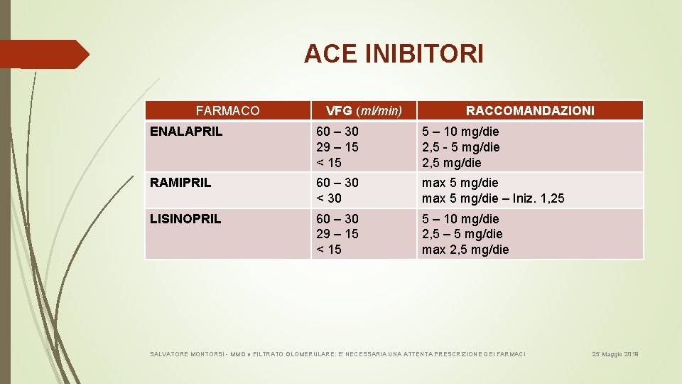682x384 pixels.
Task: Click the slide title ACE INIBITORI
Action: click(394, 53)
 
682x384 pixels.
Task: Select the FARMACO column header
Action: click(227, 110)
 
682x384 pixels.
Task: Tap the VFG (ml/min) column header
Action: click(364, 110)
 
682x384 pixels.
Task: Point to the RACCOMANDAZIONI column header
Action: click(530, 110)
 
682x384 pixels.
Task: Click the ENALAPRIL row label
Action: click(186, 132)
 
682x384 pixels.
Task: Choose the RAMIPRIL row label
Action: click(180, 183)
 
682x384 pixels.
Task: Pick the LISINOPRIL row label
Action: click(185, 219)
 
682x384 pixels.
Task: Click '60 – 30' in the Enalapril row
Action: click(337, 132)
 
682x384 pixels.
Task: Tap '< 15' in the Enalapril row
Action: click(329, 162)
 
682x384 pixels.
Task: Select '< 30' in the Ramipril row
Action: click(329, 198)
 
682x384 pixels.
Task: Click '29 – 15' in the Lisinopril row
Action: click(337, 234)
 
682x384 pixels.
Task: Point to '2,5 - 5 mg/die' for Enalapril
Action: click(461, 147)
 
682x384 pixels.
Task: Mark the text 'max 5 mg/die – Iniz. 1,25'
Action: click(493, 198)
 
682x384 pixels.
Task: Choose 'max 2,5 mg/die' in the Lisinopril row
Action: click(465, 250)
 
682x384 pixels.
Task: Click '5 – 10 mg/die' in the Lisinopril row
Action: click(460, 219)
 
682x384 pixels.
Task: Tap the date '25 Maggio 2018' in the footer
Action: click(616, 353)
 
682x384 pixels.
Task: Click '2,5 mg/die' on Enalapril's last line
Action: click(452, 162)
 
